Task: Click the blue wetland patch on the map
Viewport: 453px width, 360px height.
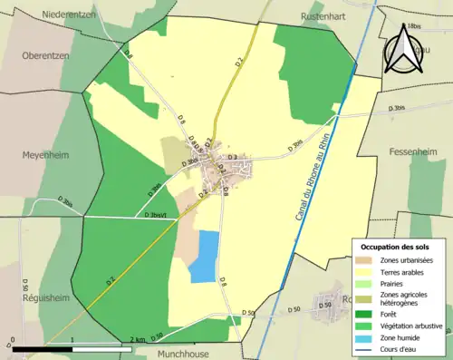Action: (204, 256)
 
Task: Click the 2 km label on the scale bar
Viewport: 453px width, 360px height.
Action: (136, 340)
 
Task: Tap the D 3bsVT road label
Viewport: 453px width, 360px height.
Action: (159, 216)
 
